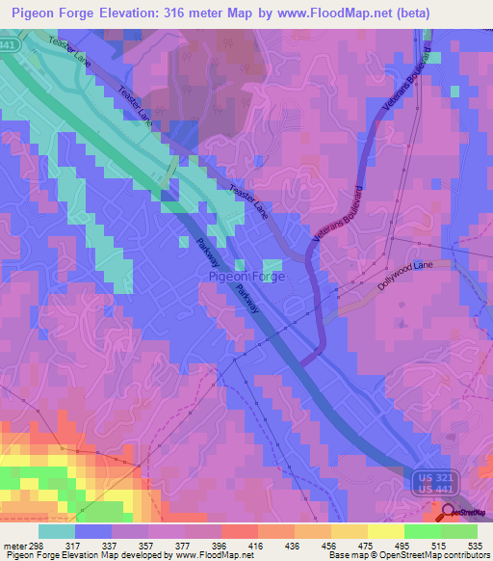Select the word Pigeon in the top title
(x=39, y=13)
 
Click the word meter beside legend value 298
(x=13, y=545)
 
